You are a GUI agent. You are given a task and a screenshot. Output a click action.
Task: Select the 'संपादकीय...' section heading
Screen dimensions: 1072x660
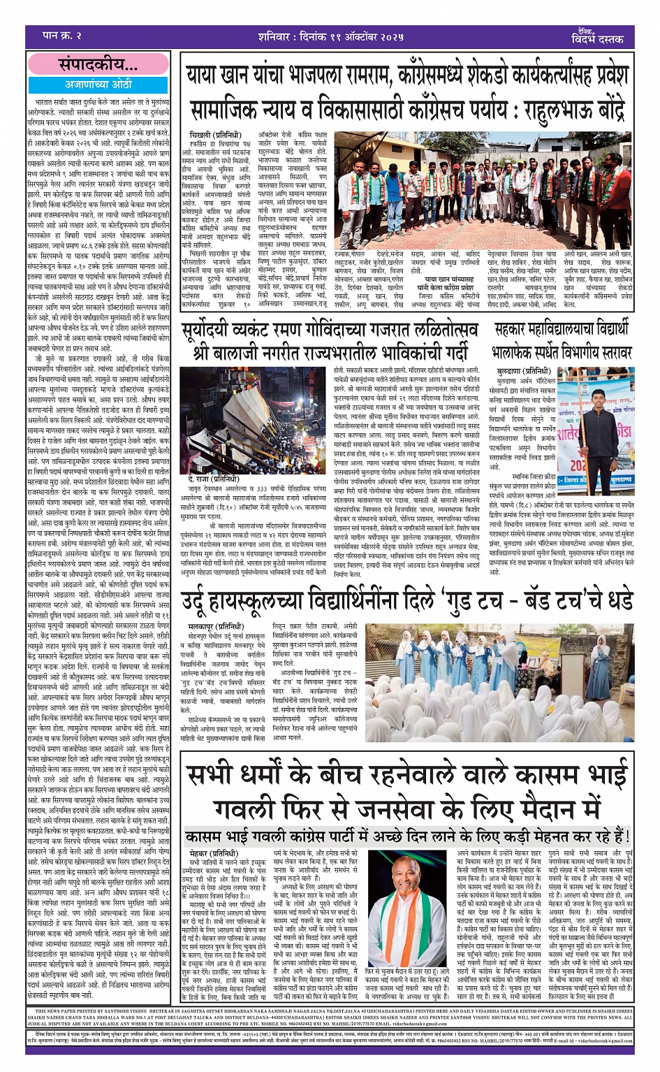coord(98,64)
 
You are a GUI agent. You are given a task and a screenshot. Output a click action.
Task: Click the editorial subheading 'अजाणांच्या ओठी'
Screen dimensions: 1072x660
coord(98,84)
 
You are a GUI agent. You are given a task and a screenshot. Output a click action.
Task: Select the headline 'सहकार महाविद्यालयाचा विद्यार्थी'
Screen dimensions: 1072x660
coord(562,329)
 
